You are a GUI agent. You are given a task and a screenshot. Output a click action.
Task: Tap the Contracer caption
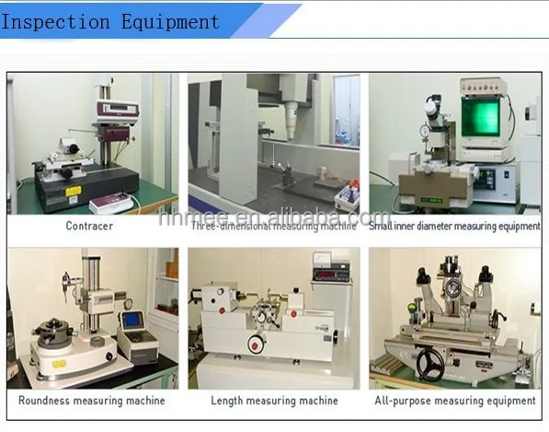(89, 225)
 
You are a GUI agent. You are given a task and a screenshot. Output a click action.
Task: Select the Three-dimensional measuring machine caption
(273, 226)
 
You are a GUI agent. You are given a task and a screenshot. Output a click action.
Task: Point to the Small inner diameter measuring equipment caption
(454, 226)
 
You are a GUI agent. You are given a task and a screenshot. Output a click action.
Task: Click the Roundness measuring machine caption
(91, 401)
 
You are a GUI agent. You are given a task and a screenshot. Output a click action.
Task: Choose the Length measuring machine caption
(273, 401)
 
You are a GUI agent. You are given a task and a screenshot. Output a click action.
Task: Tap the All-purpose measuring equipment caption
(454, 401)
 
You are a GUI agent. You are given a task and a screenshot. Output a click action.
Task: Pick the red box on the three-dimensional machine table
(345, 195)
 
